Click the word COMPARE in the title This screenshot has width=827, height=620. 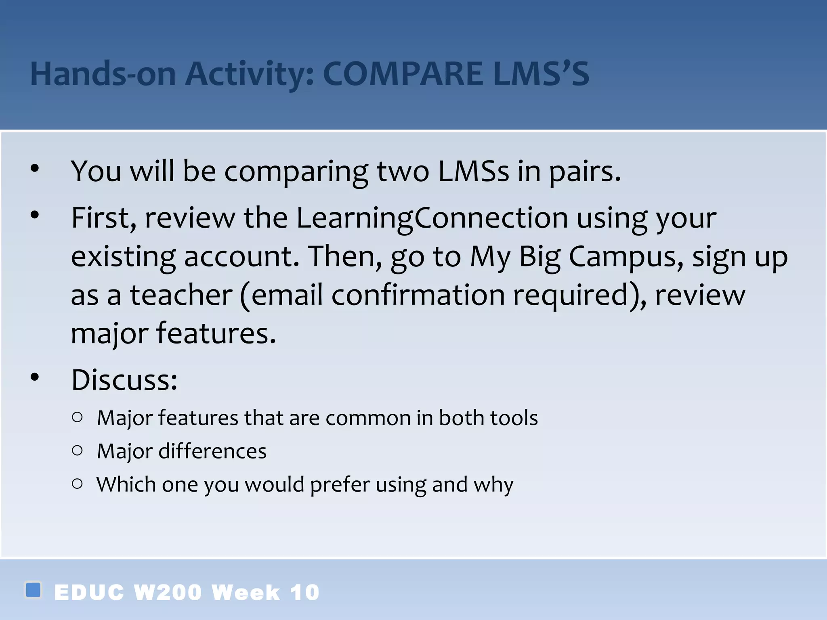[402, 74]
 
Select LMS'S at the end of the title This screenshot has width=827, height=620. [541, 74]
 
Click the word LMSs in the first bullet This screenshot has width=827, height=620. [473, 171]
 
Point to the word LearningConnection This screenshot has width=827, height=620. [432, 218]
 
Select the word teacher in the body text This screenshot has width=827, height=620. [181, 295]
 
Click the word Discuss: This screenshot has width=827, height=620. [124, 380]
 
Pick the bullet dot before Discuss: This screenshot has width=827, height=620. [35, 377]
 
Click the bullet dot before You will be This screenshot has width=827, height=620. [35, 168]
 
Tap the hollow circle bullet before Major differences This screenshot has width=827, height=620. [77, 450]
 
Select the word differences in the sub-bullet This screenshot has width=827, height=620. [212, 451]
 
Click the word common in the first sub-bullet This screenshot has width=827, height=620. [368, 418]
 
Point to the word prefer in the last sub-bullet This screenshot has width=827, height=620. [340, 485]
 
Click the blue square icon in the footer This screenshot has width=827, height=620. [33, 590]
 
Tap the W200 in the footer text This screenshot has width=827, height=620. [168, 593]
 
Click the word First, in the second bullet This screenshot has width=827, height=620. [104, 218]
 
